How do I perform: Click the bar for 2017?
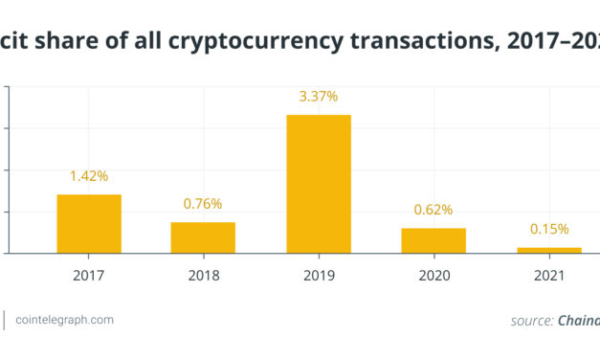[x=89, y=224]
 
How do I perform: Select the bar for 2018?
[x=203, y=237]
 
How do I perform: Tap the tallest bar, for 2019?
[x=319, y=184]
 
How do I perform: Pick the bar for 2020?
[x=433, y=240]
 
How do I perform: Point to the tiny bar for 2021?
[x=548, y=250]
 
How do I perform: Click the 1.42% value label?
[x=89, y=176]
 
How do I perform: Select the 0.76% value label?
[x=203, y=204]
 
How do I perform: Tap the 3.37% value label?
[x=319, y=97]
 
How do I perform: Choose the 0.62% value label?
[x=433, y=210]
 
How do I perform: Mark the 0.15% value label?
[x=549, y=229]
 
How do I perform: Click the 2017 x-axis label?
[x=89, y=275]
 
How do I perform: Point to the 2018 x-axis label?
[x=203, y=275]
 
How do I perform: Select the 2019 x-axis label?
[x=319, y=275]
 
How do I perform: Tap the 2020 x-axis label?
[x=433, y=275]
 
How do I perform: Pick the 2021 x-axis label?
[x=549, y=275]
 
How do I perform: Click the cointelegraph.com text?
[x=64, y=320]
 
